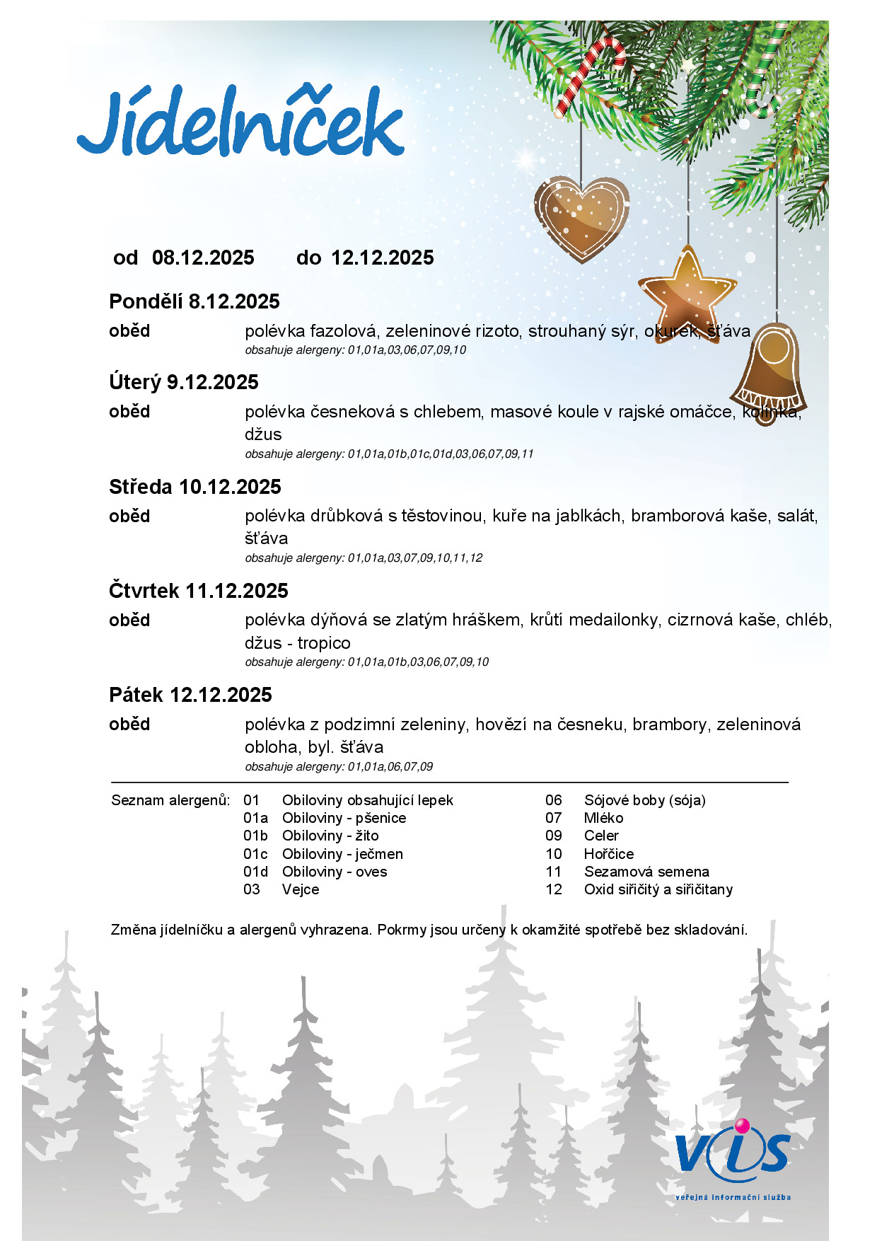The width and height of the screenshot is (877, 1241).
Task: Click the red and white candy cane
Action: point(590,74)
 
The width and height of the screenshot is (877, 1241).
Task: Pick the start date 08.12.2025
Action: point(203,258)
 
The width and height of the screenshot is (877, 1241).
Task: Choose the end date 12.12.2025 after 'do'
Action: point(383,258)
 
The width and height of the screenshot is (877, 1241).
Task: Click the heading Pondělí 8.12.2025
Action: point(194,301)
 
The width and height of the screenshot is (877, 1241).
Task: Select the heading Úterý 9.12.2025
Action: point(184,382)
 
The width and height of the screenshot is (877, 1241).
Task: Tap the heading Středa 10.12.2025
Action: point(195,487)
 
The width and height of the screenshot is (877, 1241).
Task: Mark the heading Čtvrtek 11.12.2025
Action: point(199,591)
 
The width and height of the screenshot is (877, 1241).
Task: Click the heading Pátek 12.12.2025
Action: point(190,695)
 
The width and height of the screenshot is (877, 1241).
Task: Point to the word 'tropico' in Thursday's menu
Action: point(324,643)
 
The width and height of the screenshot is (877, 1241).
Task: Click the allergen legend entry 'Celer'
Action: point(601,836)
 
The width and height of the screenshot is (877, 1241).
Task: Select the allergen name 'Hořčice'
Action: point(609,854)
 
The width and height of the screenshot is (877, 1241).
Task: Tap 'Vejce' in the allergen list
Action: point(301,889)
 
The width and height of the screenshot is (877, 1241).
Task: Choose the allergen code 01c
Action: point(255,854)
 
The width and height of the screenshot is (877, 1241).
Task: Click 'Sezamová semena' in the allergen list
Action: point(646,872)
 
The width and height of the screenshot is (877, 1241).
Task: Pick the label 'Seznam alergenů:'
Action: point(170,800)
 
